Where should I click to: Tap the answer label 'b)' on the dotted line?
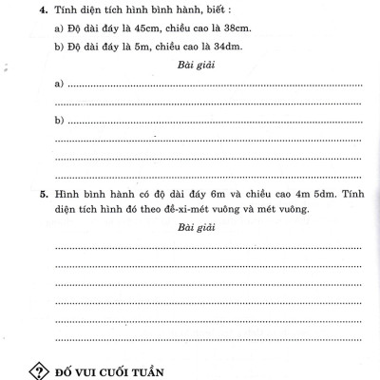[x=59, y=121]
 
